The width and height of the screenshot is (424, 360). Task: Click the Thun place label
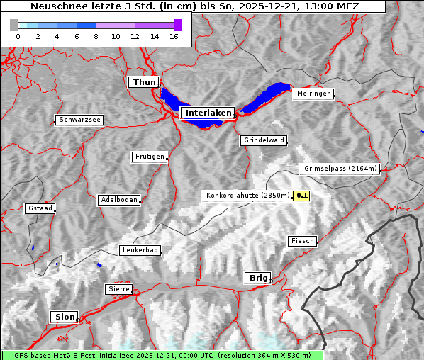144,83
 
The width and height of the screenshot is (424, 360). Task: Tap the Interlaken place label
207,113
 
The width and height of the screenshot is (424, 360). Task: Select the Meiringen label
313,94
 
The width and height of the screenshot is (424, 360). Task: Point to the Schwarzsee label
79,120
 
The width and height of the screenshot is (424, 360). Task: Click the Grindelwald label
264,140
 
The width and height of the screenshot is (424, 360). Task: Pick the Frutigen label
149,157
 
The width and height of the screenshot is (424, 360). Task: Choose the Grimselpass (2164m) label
340,169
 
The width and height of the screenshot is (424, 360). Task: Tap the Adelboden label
118,200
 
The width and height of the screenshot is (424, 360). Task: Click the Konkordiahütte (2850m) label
247,196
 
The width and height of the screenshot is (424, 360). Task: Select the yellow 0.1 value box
302,196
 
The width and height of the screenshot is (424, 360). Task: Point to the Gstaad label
40,209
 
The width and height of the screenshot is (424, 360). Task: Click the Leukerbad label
140,250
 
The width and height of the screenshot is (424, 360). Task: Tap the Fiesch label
302,241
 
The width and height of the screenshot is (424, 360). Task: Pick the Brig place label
257,278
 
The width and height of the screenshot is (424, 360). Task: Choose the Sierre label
118,289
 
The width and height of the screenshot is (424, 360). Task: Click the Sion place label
64,317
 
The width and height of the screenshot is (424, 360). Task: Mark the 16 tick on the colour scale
174,36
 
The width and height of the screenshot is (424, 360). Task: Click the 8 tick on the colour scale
96,36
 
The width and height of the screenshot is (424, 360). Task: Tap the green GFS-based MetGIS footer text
162,355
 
